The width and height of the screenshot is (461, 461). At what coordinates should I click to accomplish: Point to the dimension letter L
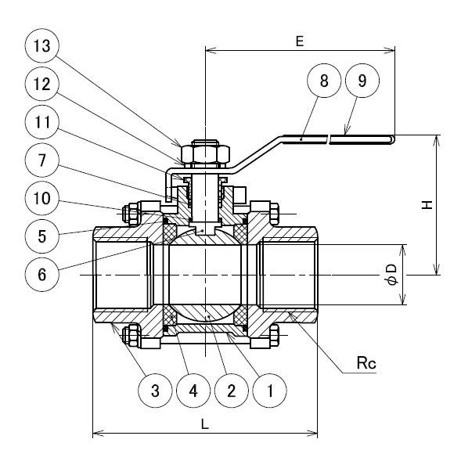click(x=204, y=423)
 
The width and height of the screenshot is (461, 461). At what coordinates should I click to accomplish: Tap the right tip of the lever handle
click(x=392, y=139)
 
